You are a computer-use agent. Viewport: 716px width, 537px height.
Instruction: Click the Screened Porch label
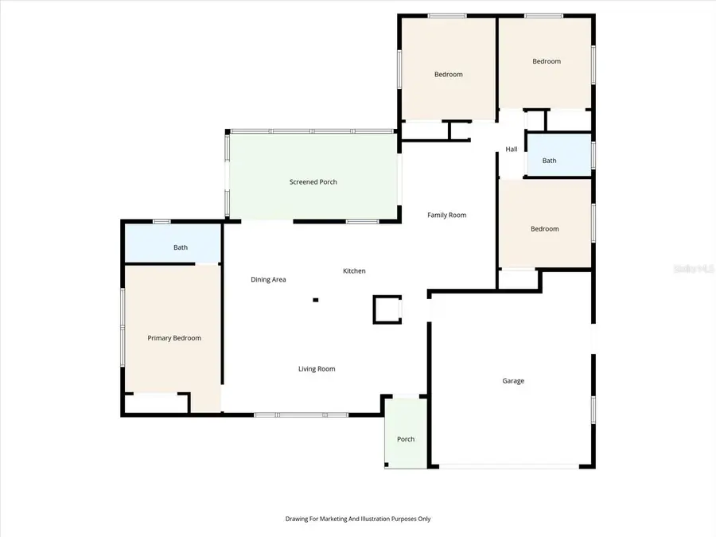coord(313,182)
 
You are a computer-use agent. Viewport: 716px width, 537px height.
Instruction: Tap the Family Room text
coord(446,215)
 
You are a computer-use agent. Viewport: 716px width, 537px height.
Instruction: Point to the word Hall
coord(512,150)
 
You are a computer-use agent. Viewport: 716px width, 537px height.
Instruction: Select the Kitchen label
coord(354,271)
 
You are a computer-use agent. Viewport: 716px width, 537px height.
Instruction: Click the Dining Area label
coord(268,279)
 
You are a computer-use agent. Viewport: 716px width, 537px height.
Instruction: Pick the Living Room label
coord(317,368)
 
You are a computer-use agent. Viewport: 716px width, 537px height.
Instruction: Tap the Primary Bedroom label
coord(174,338)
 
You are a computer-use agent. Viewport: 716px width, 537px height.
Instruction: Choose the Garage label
coord(513,381)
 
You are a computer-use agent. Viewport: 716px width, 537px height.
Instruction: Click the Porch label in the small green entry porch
coord(406,439)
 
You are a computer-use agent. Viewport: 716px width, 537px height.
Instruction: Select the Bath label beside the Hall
coord(550,161)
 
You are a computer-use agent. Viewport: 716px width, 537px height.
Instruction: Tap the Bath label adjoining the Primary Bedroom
coord(181,247)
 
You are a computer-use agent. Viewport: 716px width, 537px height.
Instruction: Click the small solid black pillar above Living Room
coord(316,300)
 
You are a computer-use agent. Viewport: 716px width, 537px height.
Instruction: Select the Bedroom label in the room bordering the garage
coord(545,229)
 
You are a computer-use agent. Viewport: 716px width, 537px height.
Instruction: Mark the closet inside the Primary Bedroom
coord(156,403)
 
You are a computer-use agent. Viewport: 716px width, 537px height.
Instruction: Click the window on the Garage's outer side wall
coord(593,407)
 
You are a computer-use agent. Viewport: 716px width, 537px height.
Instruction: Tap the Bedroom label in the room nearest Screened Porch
coord(448,75)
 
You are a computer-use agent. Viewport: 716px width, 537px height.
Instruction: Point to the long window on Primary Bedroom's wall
coord(123,327)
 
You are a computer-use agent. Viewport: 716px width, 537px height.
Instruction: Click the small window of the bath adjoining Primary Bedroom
coord(162,221)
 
